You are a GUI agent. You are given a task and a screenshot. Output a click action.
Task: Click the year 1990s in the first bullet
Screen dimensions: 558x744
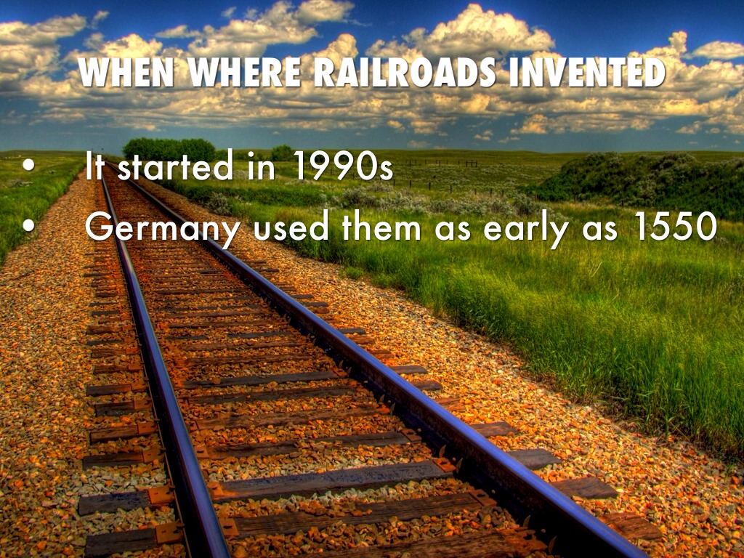click(x=343, y=169)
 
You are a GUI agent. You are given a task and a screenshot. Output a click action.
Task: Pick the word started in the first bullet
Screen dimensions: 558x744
click(x=175, y=169)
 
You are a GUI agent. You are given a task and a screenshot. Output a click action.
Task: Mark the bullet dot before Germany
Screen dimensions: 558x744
click(x=28, y=228)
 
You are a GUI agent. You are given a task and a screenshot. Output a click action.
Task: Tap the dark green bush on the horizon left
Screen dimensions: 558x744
click(x=169, y=148)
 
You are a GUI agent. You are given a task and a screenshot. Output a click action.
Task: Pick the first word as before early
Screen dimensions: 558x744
click(x=453, y=232)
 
